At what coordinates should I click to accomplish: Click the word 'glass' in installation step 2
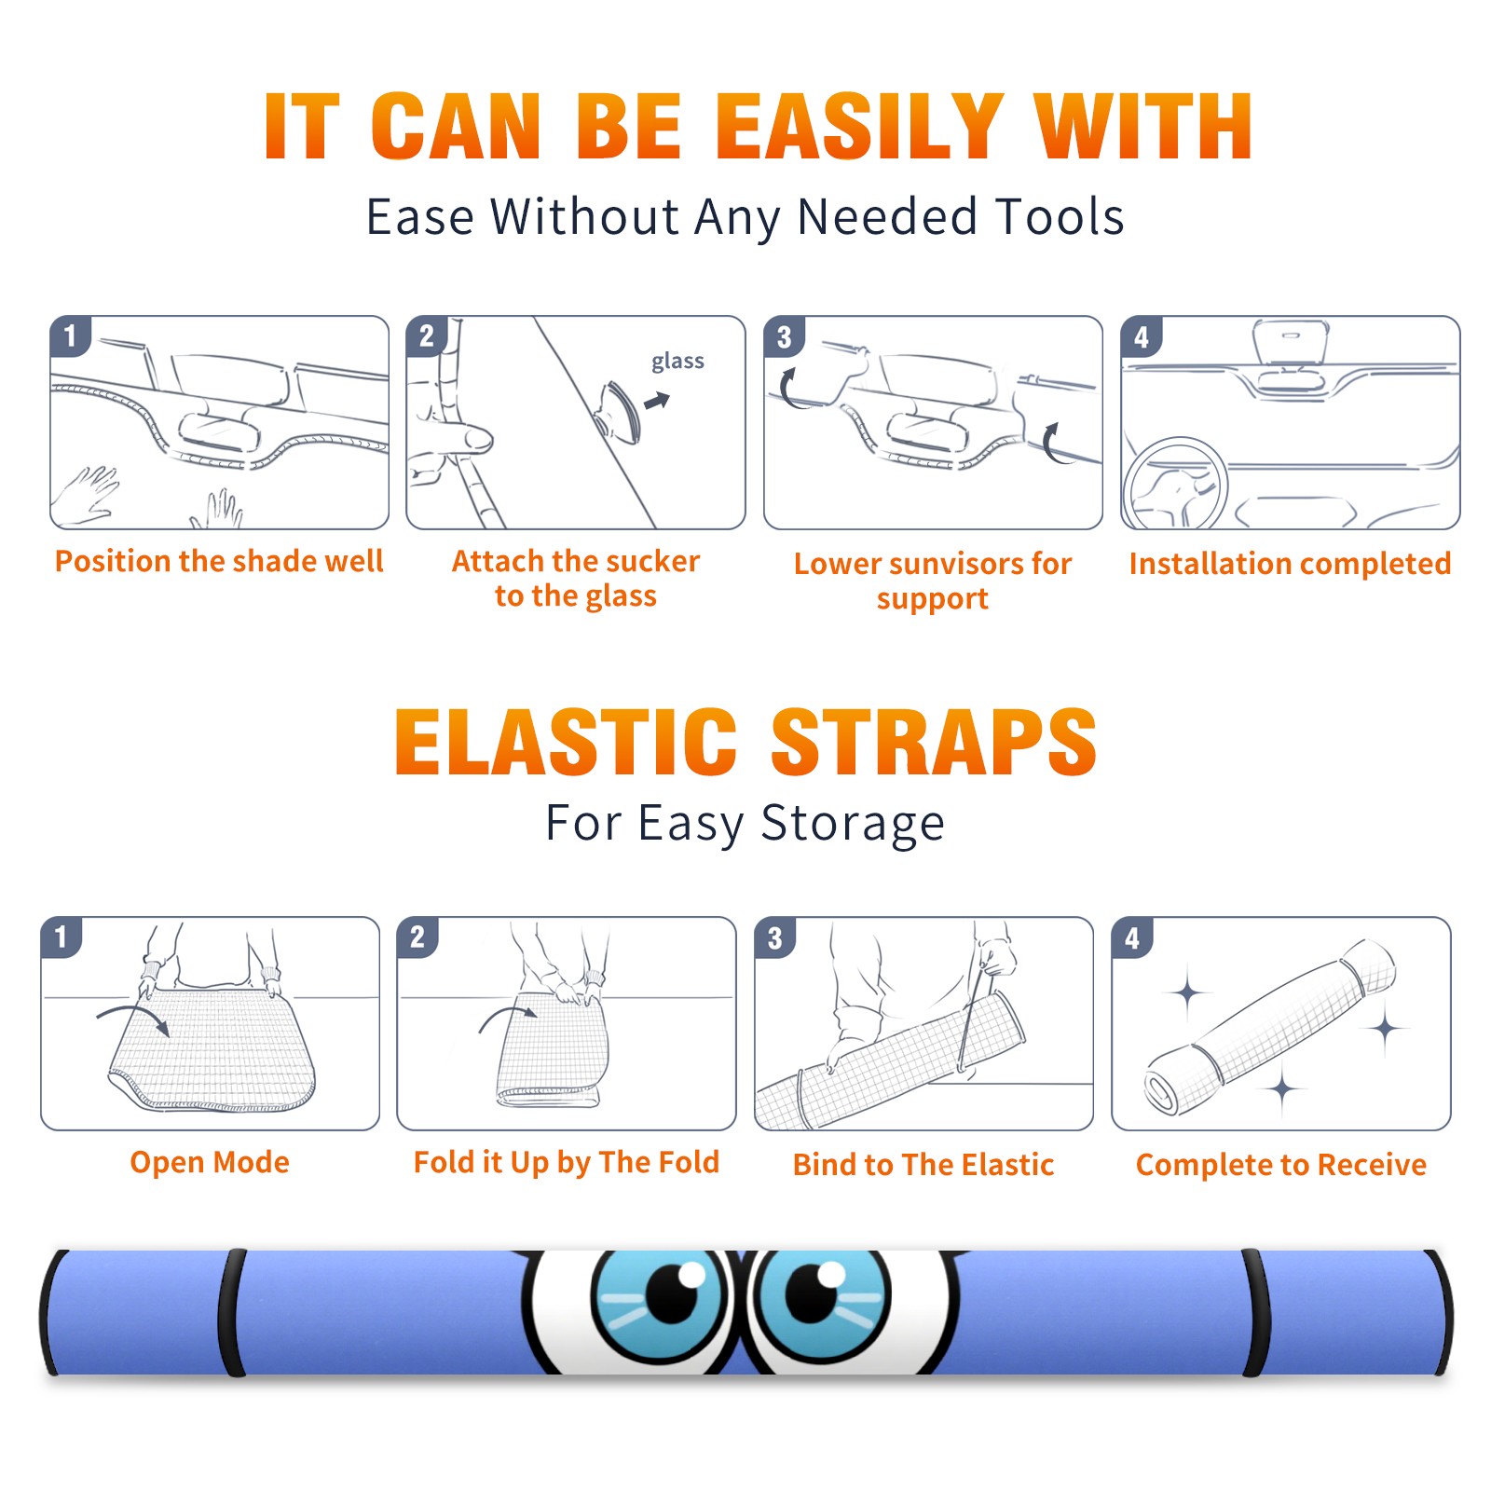pyautogui.click(x=677, y=362)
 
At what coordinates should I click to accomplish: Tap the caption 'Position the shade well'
pyautogui.click(x=219, y=561)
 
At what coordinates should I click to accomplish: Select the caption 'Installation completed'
pyautogui.click(x=1290, y=564)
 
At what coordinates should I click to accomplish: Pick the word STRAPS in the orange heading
pyautogui.click(x=934, y=742)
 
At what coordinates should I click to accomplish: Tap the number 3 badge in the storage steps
pyautogui.click(x=774, y=937)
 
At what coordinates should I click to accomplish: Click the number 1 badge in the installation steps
pyautogui.click(x=70, y=335)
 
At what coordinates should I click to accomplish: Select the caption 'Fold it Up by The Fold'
pyautogui.click(x=567, y=1163)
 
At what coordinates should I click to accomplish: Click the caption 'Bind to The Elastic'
pyautogui.click(x=923, y=1165)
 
